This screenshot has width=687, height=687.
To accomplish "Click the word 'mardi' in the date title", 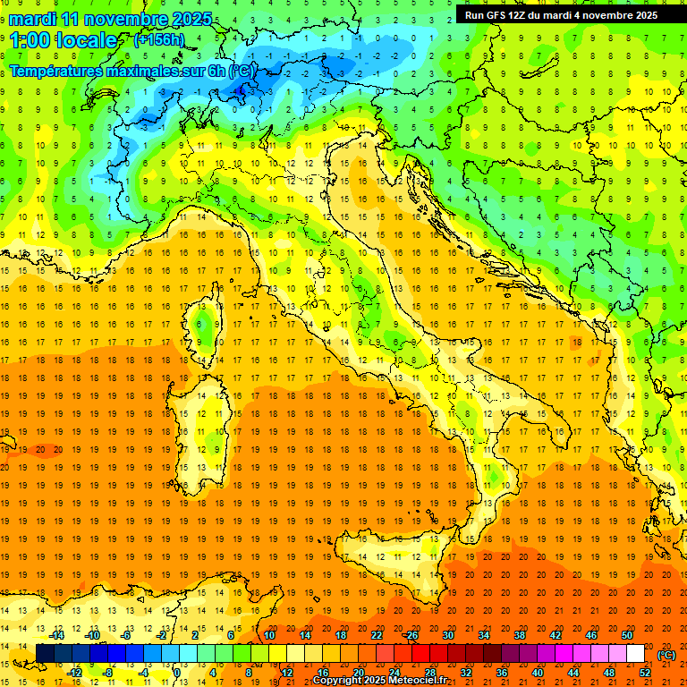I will point(32,19).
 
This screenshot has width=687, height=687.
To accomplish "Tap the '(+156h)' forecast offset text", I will point(158,39).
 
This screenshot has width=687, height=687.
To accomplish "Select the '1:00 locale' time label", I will point(63,40).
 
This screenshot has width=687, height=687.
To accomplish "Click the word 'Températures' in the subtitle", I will point(60,70).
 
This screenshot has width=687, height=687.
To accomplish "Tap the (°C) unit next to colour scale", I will point(666,655).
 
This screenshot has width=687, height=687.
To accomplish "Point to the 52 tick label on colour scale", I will point(646,672).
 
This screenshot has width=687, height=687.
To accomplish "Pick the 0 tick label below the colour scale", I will point(177,672).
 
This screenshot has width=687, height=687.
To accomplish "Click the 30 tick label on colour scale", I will point(447,634).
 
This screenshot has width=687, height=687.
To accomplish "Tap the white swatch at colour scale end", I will point(635,653).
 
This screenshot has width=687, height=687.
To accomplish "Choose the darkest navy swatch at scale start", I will point(45,653).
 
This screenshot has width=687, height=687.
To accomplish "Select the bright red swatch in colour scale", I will point(420,653).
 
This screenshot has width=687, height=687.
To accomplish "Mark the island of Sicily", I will point(394,568).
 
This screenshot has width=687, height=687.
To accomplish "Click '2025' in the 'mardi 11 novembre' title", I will point(191,19).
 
